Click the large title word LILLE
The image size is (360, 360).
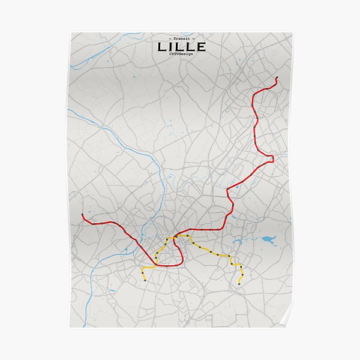181,46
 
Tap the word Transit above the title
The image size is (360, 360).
181,38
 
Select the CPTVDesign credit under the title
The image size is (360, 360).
181,55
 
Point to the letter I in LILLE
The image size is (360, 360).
173,46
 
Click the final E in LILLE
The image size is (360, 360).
200,46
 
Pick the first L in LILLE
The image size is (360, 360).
162,46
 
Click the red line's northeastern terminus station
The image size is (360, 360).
277,77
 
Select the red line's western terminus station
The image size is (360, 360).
82,214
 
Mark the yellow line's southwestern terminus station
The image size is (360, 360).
145,280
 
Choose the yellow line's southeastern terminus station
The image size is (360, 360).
239,283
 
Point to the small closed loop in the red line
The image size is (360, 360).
271,158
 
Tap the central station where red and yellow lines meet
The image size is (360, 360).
175,236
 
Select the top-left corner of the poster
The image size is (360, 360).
70,32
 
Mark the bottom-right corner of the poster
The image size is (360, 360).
292,328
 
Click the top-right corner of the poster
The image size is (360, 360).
292,32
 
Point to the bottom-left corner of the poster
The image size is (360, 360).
70,328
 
